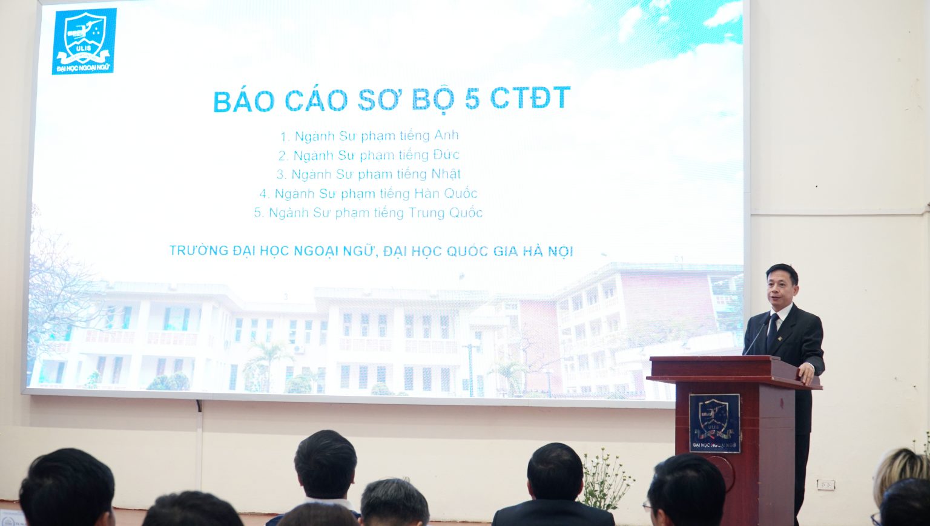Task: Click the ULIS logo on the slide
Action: (x=84, y=42)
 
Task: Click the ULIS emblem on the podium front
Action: (x=714, y=423)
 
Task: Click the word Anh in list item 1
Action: (x=446, y=136)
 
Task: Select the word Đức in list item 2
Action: (x=446, y=155)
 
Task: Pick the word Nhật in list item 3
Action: (x=446, y=174)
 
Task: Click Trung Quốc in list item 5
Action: (x=446, y=212)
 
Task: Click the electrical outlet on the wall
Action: (x=825, y=484)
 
